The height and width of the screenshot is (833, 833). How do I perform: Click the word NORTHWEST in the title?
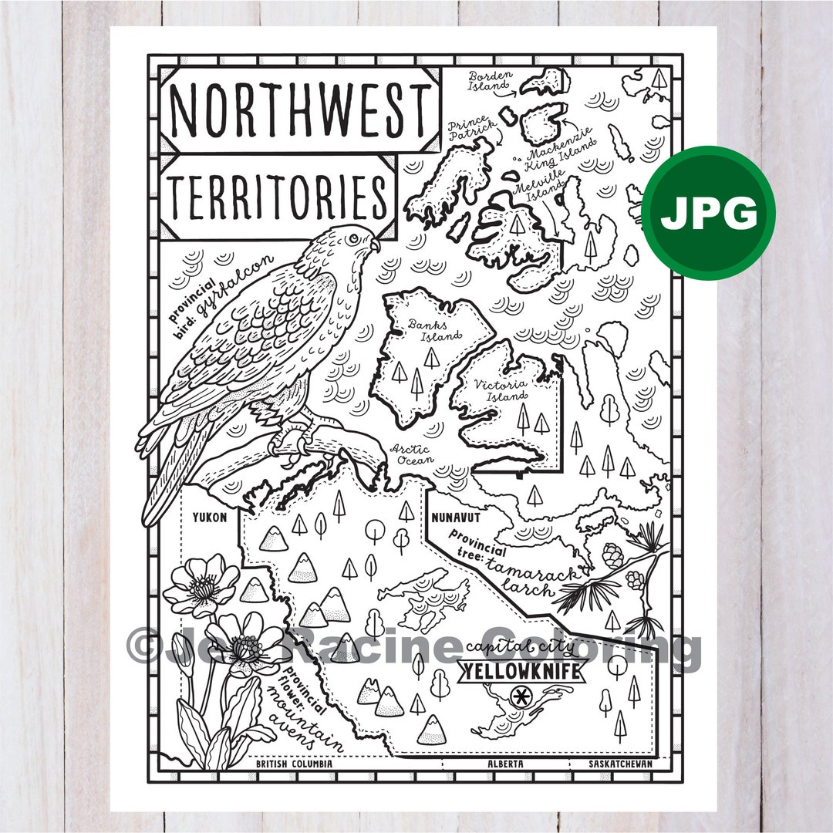(x=300, y=110)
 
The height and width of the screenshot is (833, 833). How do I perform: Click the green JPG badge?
(x=708, y=213)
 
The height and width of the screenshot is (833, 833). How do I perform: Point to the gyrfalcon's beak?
(x=375, y=245)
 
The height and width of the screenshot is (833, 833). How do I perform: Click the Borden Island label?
(x=492, y=81)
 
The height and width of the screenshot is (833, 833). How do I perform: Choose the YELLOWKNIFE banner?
(x=521, y=673)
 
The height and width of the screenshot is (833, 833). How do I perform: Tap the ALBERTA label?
(x=505, y=764)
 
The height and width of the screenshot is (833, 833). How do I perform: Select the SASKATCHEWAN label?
(x=619, y=764)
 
